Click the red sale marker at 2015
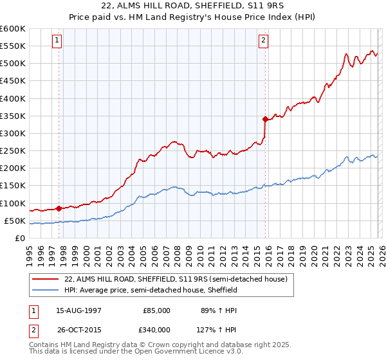click(264, 119)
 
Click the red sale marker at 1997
click(59, 208)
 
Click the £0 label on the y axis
click(19, 238)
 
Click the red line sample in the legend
click(46, 279)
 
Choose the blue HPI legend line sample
click(46, 290)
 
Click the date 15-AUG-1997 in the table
click(78, 310)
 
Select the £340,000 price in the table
click(156, 329)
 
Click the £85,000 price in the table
click(156, 310)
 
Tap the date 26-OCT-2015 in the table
click(78, 329)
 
